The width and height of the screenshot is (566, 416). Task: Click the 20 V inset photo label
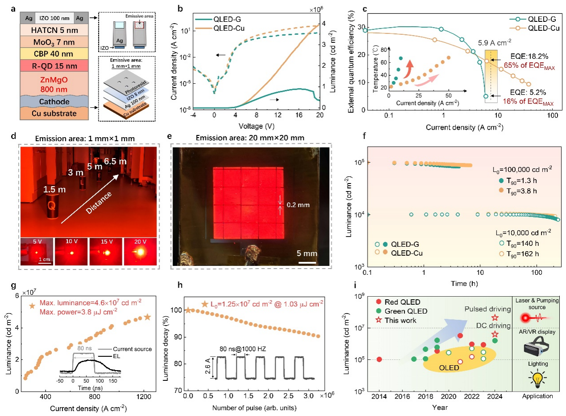137,243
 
